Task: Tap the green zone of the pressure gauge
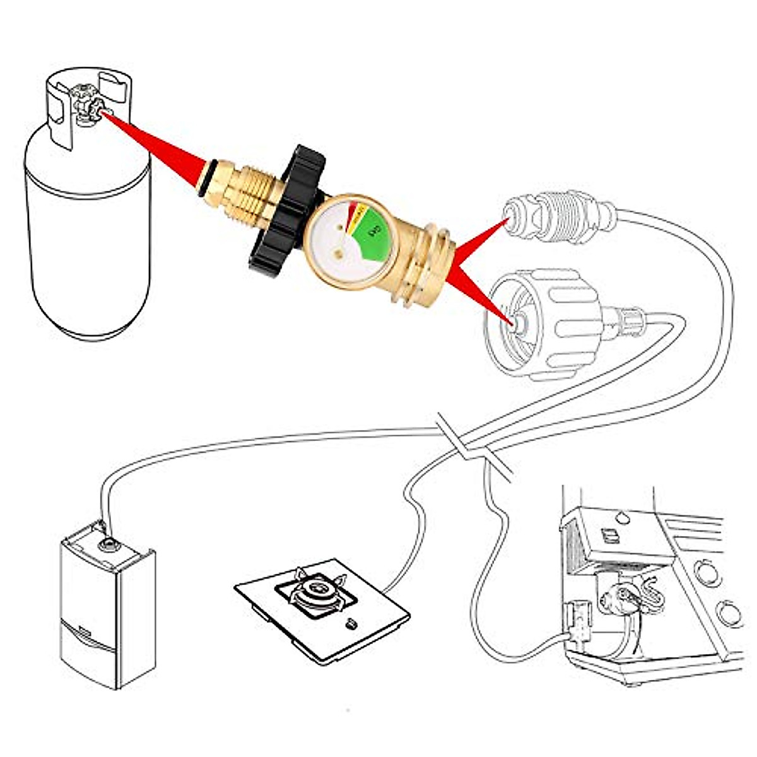[372, 234]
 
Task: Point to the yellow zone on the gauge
[358, 214]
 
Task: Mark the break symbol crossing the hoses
[470, 445]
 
